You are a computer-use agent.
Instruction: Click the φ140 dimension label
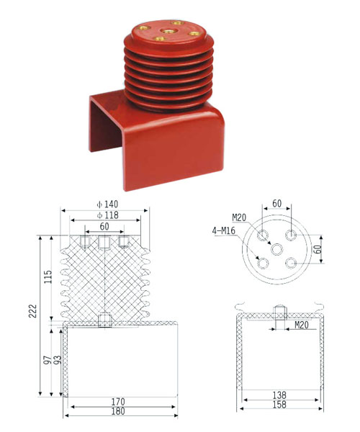(107, 204)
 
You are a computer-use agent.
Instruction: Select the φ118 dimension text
(107, 215)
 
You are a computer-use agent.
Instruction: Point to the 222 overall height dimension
(33, 311)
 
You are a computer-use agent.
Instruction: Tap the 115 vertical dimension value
(48, 277)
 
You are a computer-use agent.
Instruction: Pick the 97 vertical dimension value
(48, 360)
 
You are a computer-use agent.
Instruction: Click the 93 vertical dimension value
(58, 360)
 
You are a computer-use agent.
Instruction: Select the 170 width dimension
(118, 402)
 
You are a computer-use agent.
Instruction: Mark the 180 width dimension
(118, 411)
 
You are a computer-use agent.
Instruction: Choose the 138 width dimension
(279, 395)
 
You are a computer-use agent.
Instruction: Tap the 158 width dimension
(279, 405)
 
